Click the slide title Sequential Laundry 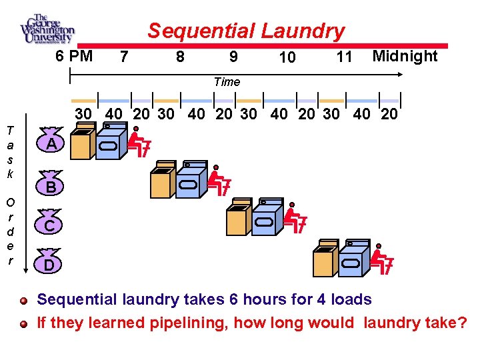coord(246,31)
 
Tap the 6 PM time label coord(74,56)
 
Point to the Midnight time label coord(405,56)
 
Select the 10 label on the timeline coord(287,58)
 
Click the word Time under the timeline coord(227,82)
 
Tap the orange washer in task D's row coord(325,260)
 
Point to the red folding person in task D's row coord(381,260)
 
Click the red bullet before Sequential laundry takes coord(24,301)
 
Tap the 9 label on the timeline coord(233,57)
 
